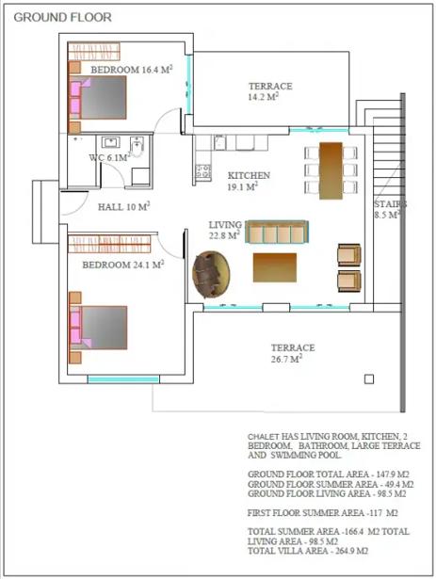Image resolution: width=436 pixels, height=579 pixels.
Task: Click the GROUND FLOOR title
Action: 62,17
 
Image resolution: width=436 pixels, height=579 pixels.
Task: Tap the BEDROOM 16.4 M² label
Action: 132,69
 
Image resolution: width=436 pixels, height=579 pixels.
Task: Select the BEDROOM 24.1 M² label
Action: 123,265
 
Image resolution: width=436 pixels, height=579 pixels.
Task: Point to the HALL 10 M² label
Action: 123,206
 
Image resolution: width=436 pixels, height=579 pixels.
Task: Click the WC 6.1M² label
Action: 110,157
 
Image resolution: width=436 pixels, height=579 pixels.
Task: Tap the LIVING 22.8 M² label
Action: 225,230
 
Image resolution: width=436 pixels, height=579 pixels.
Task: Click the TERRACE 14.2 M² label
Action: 270,91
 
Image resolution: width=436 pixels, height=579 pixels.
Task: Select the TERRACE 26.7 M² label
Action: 293,353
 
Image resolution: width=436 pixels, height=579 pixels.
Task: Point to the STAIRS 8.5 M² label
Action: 390,209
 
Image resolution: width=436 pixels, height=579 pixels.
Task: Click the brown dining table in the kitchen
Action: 331,170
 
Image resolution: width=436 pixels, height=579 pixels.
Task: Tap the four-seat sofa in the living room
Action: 277,232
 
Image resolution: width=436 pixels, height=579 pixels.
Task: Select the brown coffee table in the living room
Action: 275,267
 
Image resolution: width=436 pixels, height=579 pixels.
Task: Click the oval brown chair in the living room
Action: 211,274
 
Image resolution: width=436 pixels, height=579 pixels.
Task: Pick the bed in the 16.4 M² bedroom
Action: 98,98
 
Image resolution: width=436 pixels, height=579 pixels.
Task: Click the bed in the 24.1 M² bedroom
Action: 98,328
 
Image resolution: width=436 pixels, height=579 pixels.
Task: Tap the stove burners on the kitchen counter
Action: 202,171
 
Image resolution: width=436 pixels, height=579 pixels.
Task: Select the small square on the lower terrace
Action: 369,378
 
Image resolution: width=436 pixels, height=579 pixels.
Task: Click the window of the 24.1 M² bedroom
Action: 123,379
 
